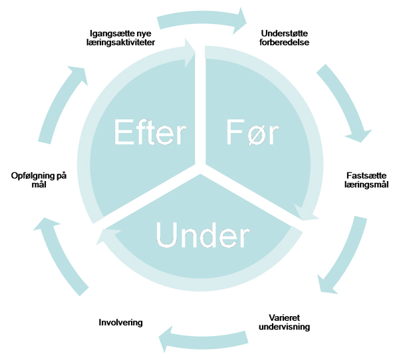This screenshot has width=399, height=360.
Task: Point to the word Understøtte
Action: pos(285,33)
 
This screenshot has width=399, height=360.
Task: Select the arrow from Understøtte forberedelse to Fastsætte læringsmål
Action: pos(346,100)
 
